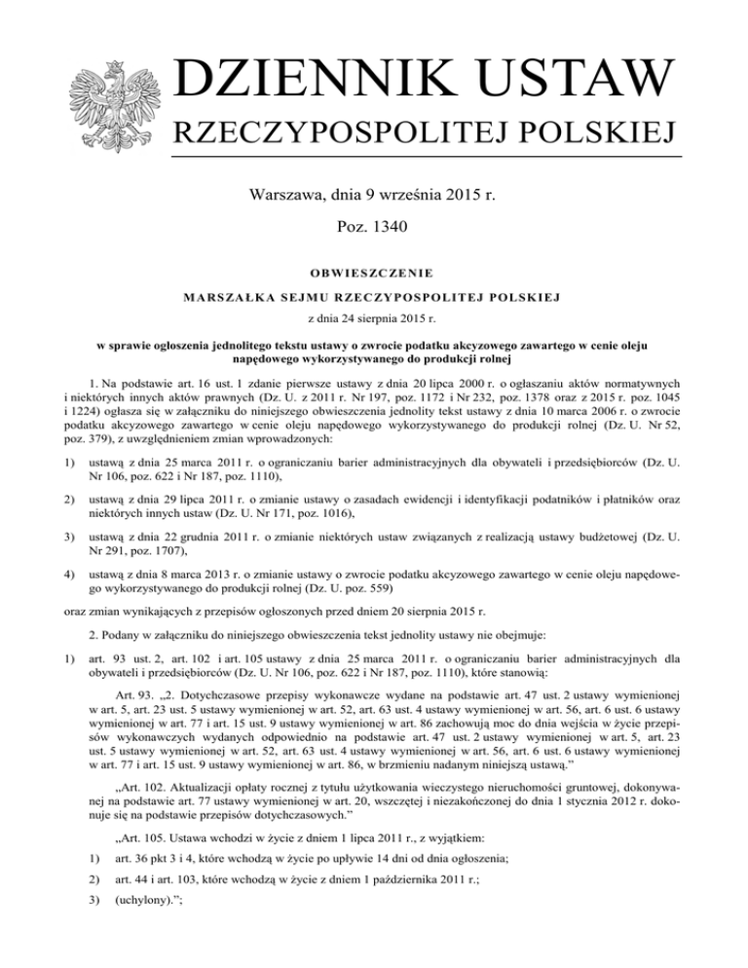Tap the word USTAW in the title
pyautogui.click(x=572, y=79)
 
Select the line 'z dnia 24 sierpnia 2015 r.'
pyautogui.click(x=374, y=317)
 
